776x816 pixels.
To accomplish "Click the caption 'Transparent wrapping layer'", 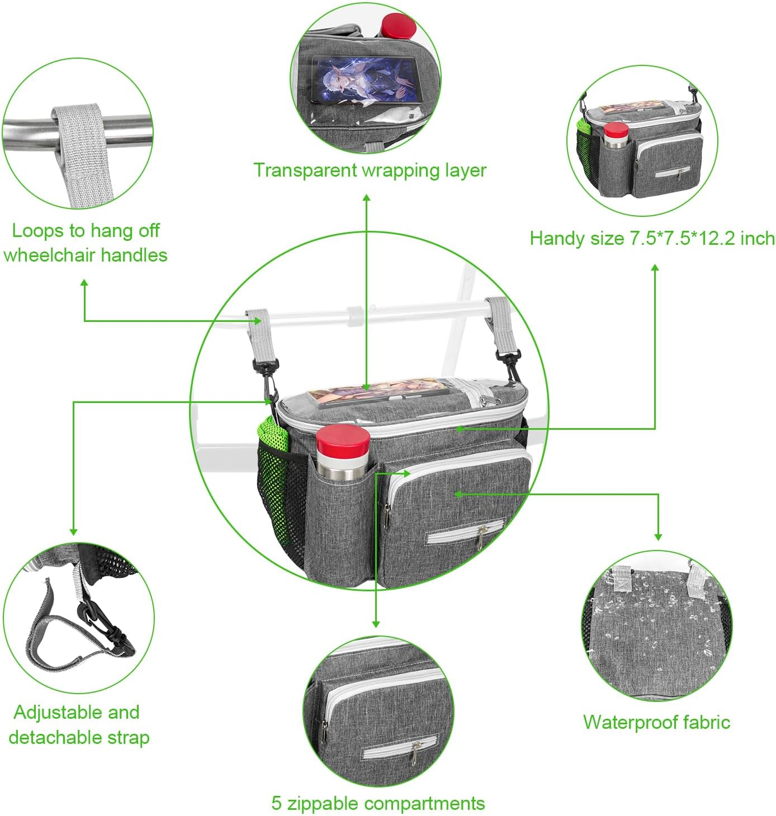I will tap(370, 170).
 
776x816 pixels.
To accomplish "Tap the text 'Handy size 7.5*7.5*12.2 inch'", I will tap(652, 239).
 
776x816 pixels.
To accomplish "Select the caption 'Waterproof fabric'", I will tap(656, 722).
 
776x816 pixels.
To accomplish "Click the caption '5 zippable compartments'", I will tap(378, 803).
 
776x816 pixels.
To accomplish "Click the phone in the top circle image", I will tap(366, 80).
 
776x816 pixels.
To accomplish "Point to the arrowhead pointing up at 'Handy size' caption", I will tap(655, 268).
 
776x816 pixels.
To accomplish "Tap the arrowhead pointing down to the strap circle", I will tap(73, 532).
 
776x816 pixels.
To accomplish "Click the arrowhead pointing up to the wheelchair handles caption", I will tap(84, 283).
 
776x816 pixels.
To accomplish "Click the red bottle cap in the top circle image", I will tap(398, 25).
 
